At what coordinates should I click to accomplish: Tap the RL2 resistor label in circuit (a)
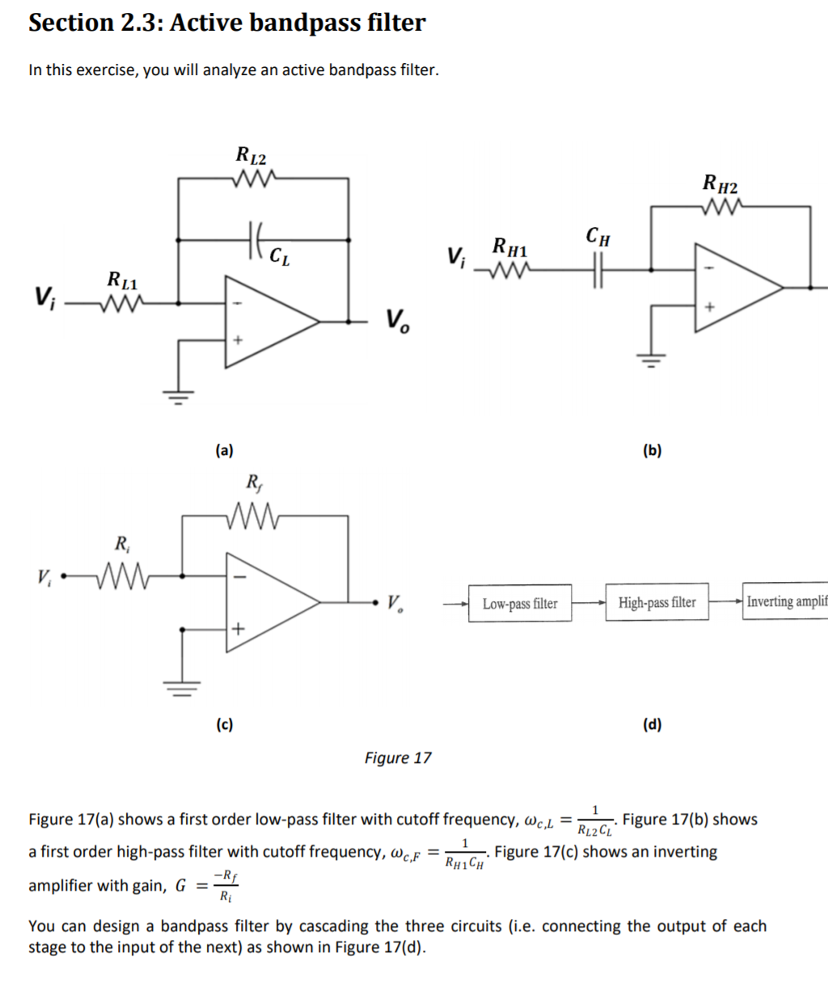[x=251, y=154]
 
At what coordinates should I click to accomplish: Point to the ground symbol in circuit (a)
[x=179, y=396]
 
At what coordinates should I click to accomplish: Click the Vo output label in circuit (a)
[x=397, y=322]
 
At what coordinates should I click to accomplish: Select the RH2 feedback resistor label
[x=720, y=183]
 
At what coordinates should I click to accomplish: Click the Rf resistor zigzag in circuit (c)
[x=255, y=515]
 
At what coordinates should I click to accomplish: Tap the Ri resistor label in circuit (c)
[x=121, y=542]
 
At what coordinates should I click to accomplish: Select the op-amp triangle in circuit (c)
[x=267, y=602]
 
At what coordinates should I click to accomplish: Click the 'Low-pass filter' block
[x=520, y=604]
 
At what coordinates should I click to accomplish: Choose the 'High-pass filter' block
[x=657, y=602]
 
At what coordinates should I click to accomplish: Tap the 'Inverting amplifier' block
[x=785, y=602]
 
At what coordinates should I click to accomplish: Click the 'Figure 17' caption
[x=398, y=758]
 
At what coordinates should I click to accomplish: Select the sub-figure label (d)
[x=652, y=725]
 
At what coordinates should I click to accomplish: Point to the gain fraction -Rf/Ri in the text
[x=225, y=886]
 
